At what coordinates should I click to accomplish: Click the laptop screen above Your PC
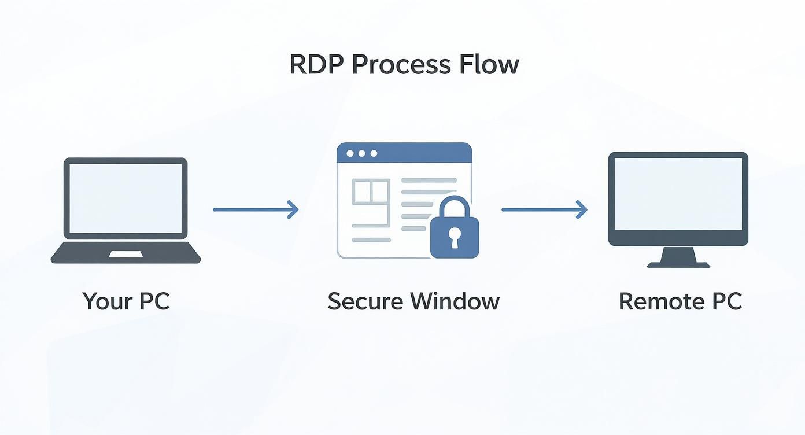[x=125, y=198]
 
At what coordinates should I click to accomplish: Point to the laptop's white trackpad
[x=125, y=255]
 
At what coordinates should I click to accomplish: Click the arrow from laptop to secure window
[x=256, y=209]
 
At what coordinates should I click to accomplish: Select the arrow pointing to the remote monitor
[x=544, y=209]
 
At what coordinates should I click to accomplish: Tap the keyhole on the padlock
[x=455, y=236]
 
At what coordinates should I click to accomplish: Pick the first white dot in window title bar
[x=349, y=153]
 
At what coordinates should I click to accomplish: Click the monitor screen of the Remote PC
[x=678, y=193]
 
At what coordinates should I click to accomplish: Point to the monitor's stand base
[x=678, y=264]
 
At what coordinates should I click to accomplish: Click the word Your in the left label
[x=104, y=301]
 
